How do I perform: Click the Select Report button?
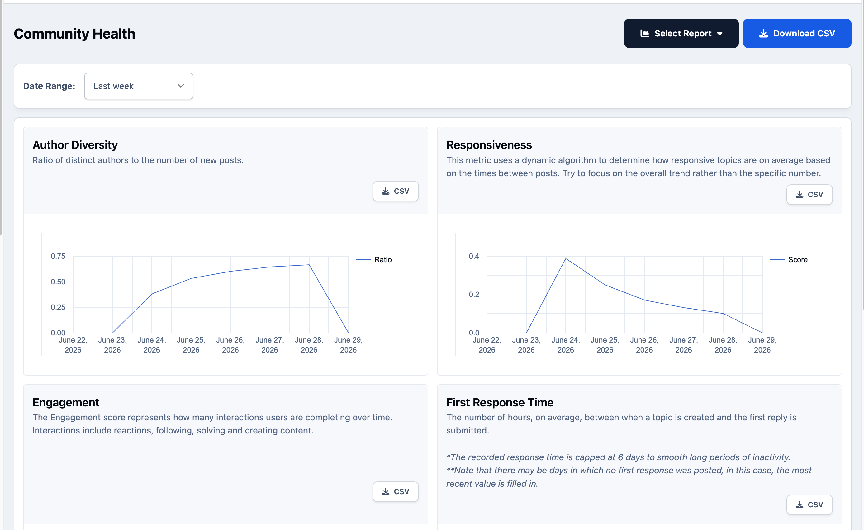click(681, 33)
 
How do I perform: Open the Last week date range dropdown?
click(139, 86)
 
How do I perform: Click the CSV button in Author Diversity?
click(396, 191)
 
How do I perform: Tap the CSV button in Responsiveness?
click(809, 195)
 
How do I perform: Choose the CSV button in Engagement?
click(396, 491)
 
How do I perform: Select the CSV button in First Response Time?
click(809, 505)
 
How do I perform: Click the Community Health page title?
click(74, 34)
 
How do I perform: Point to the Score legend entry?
click(789, 259)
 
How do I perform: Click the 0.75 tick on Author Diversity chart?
click(58, 256)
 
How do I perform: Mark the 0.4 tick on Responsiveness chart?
click(474, 256)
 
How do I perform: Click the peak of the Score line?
click(566, 259)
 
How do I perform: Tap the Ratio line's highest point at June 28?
click(309, 265)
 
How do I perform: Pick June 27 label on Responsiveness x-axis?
click(683, 345)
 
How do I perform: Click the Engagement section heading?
click(66, 402)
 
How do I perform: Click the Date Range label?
click(49, 86)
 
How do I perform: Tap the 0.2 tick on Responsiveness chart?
click(474, 295)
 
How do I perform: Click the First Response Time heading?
click(500, 402)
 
